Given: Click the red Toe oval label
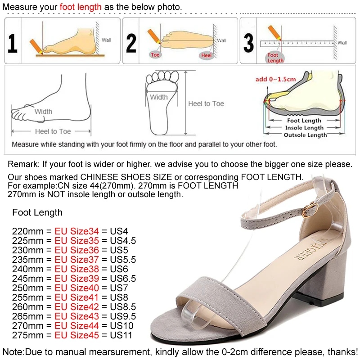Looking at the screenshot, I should (x=155, y=55).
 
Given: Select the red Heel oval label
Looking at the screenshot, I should (x=207, y=55).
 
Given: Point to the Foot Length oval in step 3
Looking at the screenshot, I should (x=275, y=58).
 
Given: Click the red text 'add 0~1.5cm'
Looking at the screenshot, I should (x=276, y=79).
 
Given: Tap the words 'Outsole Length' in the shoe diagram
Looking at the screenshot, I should (x=305, y=135).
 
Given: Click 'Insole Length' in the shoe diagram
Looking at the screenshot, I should (x=304, y=128).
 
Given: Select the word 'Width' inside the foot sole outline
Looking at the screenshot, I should (x=159, y=97).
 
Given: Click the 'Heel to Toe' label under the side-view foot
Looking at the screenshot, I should (x=53, y=131).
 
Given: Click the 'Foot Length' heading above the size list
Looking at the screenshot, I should (x=37, y=212).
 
